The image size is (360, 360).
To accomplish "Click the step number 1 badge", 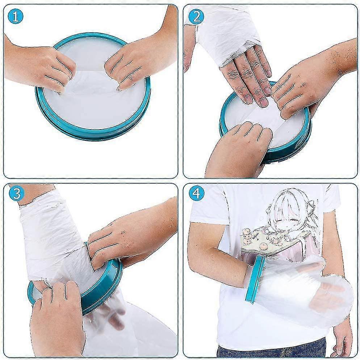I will pyautogui.click(x=16, y=17).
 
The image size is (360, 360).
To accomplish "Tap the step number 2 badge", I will pyautogui.click(x=196, y=17).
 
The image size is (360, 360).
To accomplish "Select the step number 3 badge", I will pyautogui.click(x=16, y=194).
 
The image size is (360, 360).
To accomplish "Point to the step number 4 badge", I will pyautogui.click(x=196, y=194).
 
